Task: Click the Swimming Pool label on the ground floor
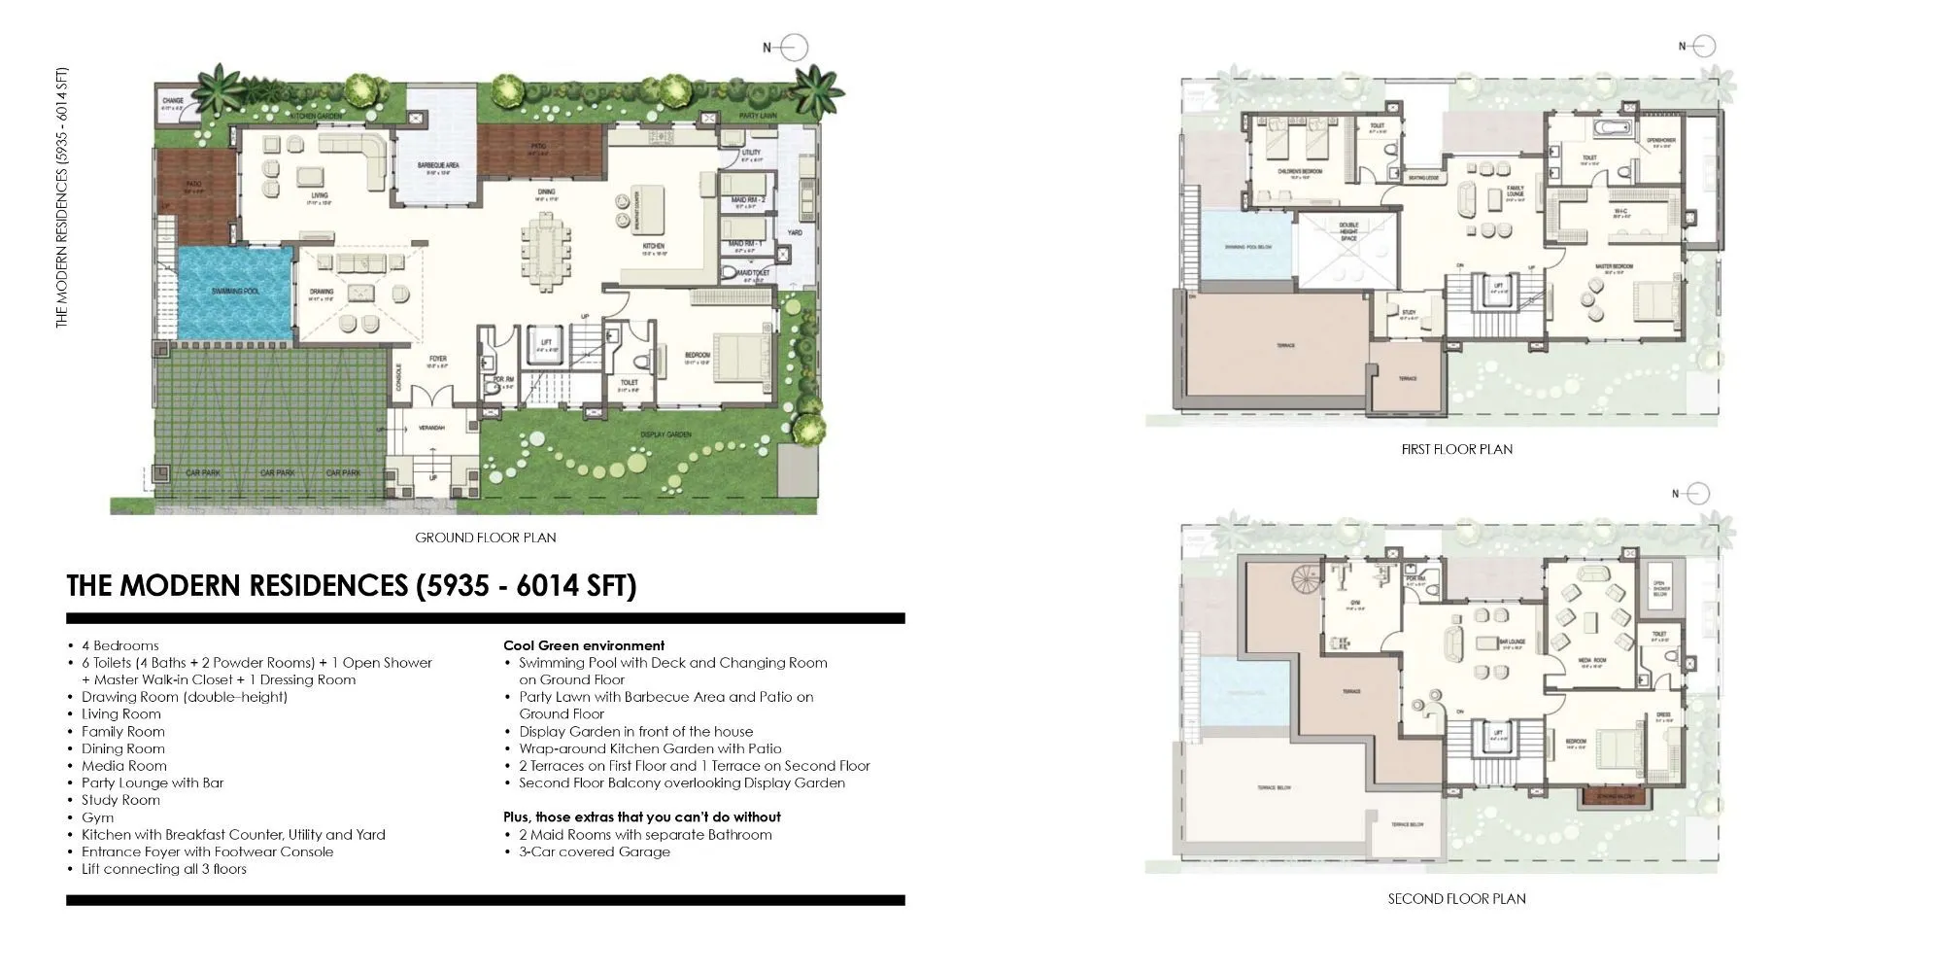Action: coord(235,291)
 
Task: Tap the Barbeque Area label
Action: coord(438,166)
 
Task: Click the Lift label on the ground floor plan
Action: coord(546,342)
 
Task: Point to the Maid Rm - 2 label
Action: coord(748,200)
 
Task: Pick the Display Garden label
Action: coord(665,434)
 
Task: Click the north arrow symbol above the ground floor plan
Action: coord(794,47)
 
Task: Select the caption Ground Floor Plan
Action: coord(485,538)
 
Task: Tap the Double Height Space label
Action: coord(1348,230)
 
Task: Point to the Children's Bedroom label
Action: coord(1300,171)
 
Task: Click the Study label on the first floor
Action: coord(1409,314)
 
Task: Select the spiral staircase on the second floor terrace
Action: coord(1306,583)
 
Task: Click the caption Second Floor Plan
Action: coord(1456,899)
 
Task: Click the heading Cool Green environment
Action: coord(584,645)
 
